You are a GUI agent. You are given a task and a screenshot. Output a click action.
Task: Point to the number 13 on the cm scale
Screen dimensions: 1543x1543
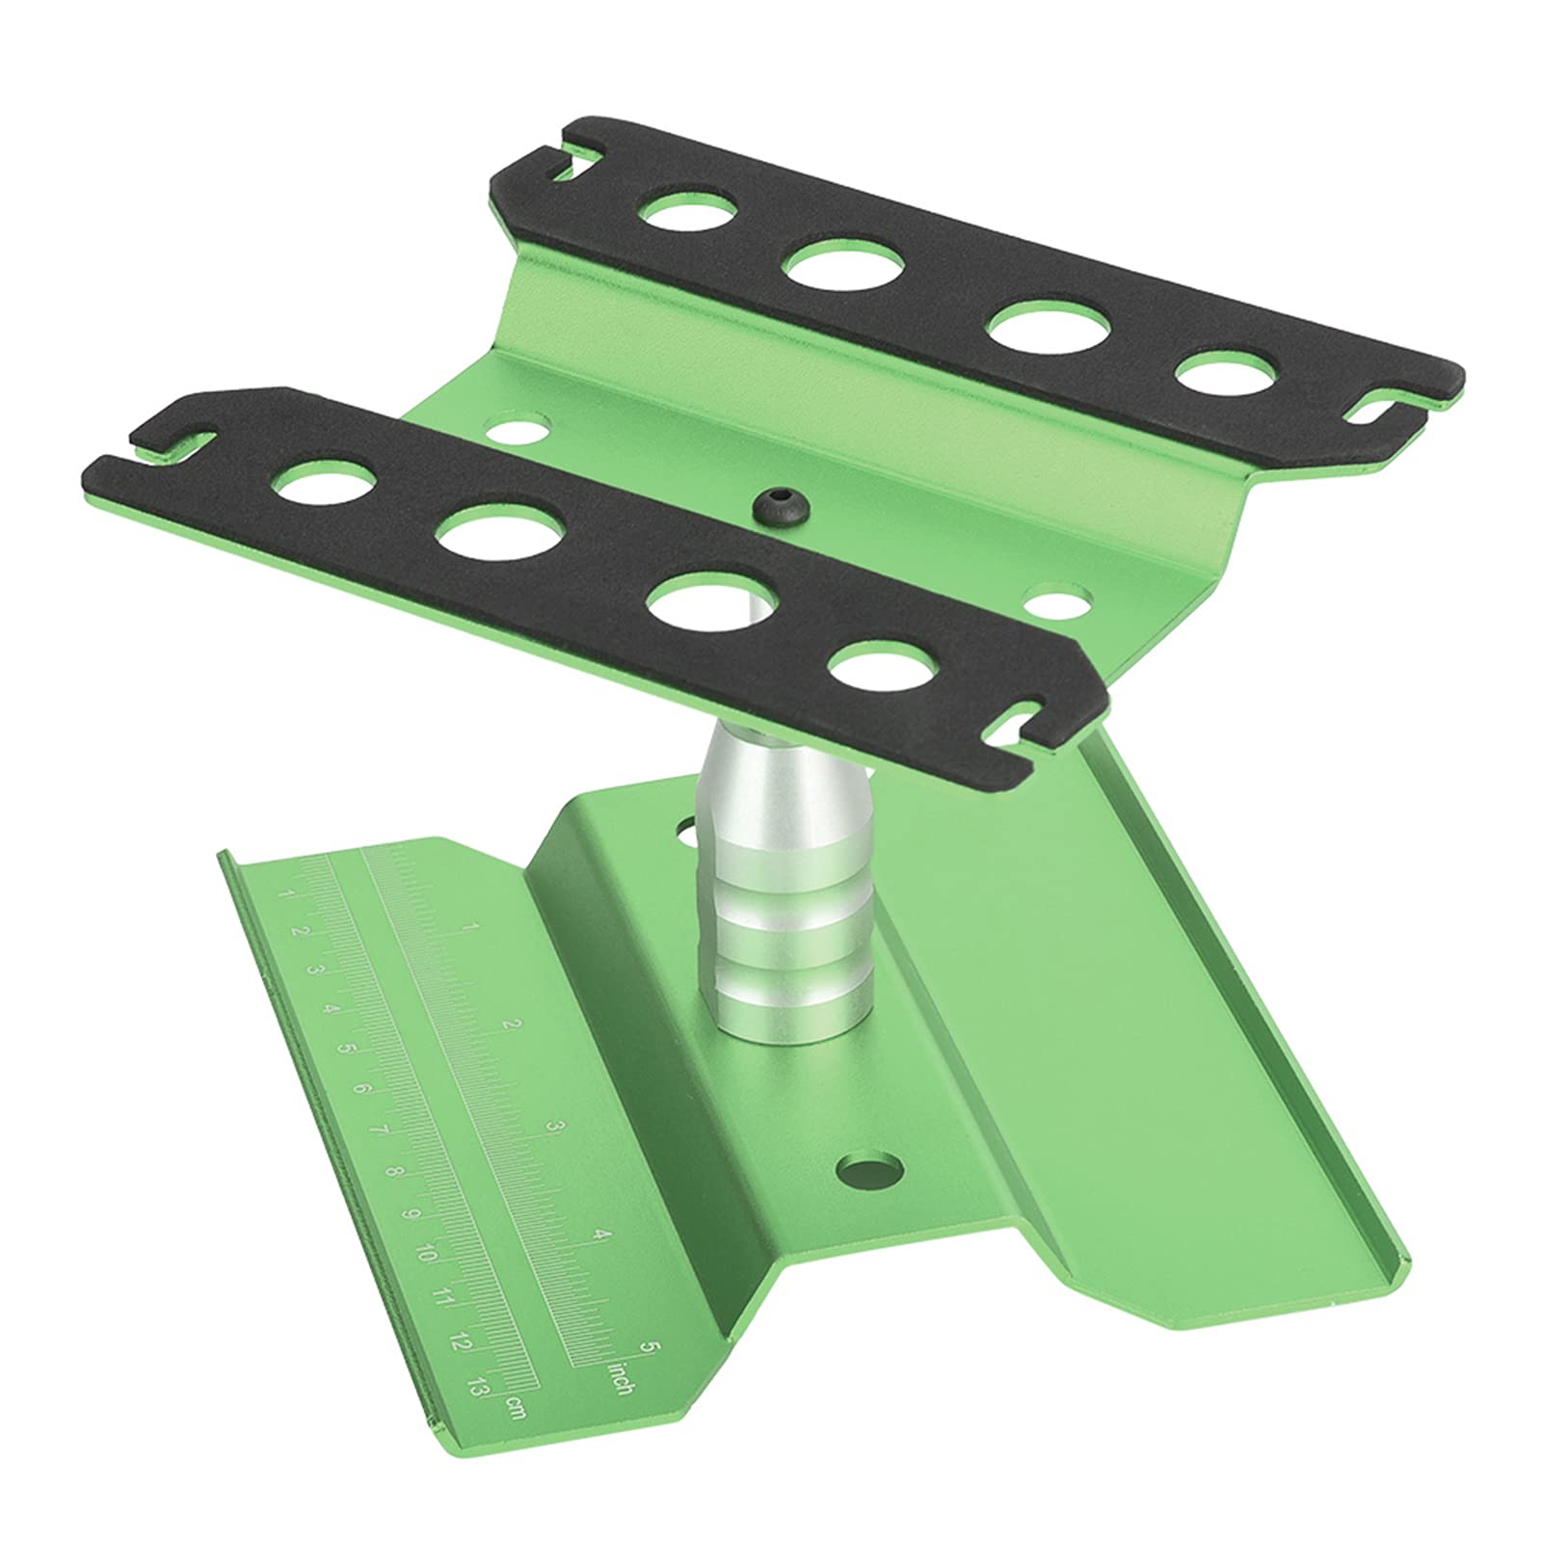coord(474,1388)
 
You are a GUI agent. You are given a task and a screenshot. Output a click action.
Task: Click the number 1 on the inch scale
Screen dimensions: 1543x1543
coord(467,927)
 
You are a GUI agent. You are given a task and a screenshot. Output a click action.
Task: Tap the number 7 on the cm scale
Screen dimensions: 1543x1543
coord(378,1131)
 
